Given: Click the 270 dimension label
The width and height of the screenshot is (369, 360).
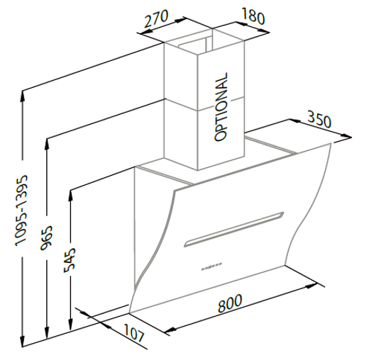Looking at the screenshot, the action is pyautogui.click(x=156, y=19).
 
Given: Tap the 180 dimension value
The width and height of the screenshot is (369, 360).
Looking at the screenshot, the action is pyautogui.click(x=253, y=16).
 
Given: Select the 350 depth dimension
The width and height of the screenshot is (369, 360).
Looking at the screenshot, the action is pyautogui.click(x=319, y=120).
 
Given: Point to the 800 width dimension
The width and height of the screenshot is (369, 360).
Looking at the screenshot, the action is pyautogui.click(x=230, y=303).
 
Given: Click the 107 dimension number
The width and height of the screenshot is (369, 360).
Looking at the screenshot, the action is pyautogui.click(x=133, y=333).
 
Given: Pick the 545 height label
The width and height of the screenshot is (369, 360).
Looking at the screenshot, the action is pyautogui.click(x=70, y=260).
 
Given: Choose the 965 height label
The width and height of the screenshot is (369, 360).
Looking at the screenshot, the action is pyautogui.click(x=46, y=238).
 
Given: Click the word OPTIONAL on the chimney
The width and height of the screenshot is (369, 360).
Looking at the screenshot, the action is pyautogui.click(x=221, y=107).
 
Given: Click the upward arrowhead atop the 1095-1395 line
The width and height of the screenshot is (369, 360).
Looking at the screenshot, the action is pyautogui.click(x=23, y=96).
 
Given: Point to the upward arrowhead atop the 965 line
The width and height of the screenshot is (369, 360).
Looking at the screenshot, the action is pyautogui.click(x=47, y=145).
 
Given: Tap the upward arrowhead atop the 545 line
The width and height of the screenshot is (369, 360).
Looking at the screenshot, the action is pyautogui.click(x=70, y=196).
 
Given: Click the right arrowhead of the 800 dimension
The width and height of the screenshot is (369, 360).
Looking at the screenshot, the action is pyautogui.click(x=312, y=286).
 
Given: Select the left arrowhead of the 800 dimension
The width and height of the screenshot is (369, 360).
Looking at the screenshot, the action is pyautogui.click(x=170, y=330).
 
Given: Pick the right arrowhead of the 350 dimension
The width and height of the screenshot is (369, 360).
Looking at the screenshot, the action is pyautogui.click(x=346, y=136).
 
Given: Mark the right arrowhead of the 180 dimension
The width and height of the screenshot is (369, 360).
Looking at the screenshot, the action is pyautogui.click(x=264, y=31).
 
